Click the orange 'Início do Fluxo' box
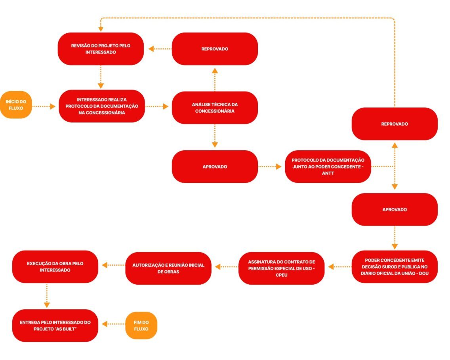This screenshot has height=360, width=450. click(x=16, y=105)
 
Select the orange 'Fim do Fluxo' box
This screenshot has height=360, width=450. click(x=141, y=326)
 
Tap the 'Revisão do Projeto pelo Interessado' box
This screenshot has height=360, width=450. click(x=101, y=49)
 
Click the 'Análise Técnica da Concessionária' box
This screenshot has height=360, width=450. click(x=215, y=107)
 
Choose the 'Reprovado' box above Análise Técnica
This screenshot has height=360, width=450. click(x=215, y=49)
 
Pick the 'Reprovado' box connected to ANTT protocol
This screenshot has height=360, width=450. click(x=395, y=124)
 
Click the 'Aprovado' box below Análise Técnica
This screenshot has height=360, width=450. click(x=215, y=167)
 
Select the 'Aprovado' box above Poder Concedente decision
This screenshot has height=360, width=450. click(x=395, y=209)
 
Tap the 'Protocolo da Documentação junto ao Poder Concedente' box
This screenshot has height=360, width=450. click(x=328, y=167)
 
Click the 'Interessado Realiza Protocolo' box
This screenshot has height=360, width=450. click(x=102, y=106)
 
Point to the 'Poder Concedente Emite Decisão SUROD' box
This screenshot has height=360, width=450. click(x=395, y=266)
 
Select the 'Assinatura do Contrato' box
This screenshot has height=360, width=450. click(x=281, y=268)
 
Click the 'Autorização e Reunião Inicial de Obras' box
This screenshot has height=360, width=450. click(x=168, y=268)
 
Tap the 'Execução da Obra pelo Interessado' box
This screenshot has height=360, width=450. click(x=55, y=266)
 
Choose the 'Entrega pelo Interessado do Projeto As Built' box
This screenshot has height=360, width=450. click(x=55, y=326)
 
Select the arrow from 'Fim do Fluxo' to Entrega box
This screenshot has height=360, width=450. click(x=114, y=324)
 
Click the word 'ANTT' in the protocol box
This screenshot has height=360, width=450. click(x=328, y=173)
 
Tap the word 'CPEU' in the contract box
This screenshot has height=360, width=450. click(x=281, y=274)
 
